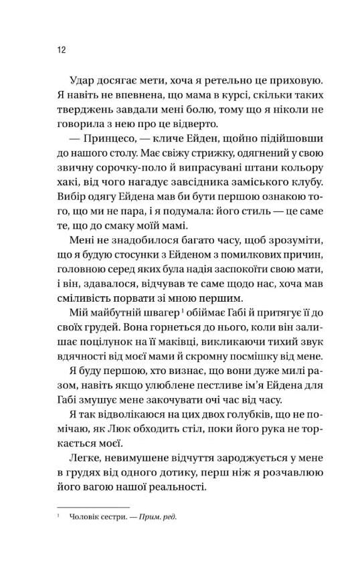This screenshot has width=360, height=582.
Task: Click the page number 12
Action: pyautogui.click(x=61, y=50)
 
